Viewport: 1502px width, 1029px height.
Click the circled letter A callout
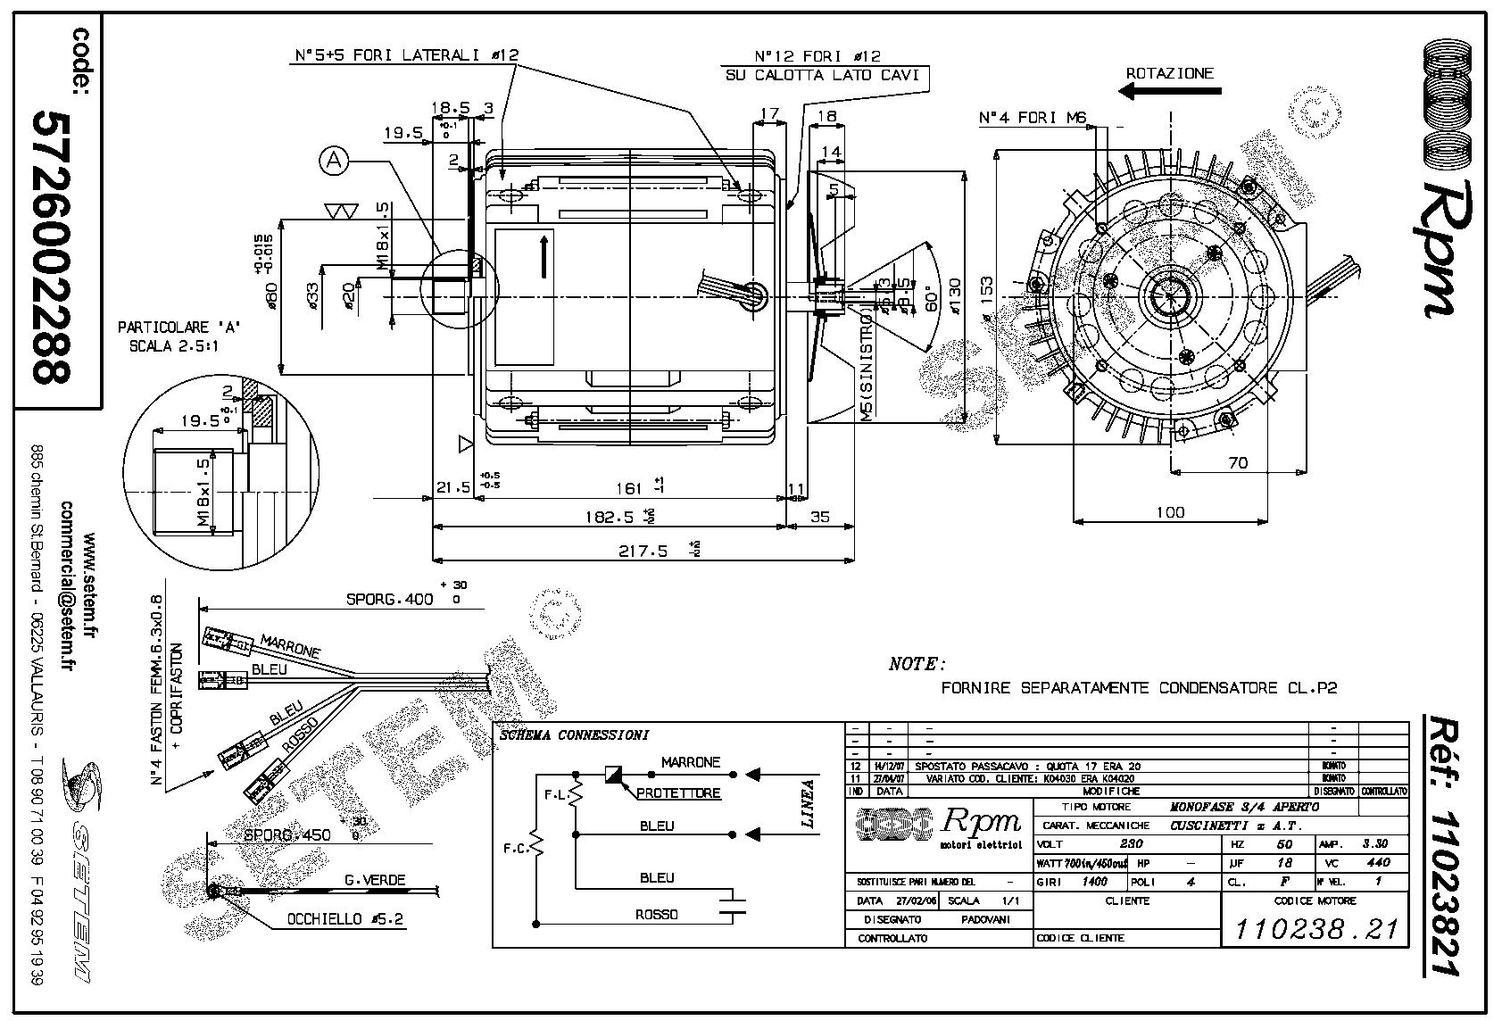point(335,161)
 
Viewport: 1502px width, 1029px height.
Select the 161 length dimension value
point(629,488)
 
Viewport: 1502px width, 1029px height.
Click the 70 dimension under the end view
point(1237,463)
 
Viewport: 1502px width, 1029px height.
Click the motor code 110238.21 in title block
point(1316,928)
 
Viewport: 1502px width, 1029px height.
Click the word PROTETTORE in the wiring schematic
point(678,793)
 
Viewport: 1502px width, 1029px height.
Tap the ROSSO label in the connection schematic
point(657,914)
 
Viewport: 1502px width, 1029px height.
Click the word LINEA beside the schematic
point(809,805)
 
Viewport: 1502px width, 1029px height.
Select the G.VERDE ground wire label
point(374,880)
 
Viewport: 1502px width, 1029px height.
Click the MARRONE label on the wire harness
point(289,646)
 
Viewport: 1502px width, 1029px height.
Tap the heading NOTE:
point(917,664)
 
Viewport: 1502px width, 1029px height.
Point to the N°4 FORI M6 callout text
point(1030,118)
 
